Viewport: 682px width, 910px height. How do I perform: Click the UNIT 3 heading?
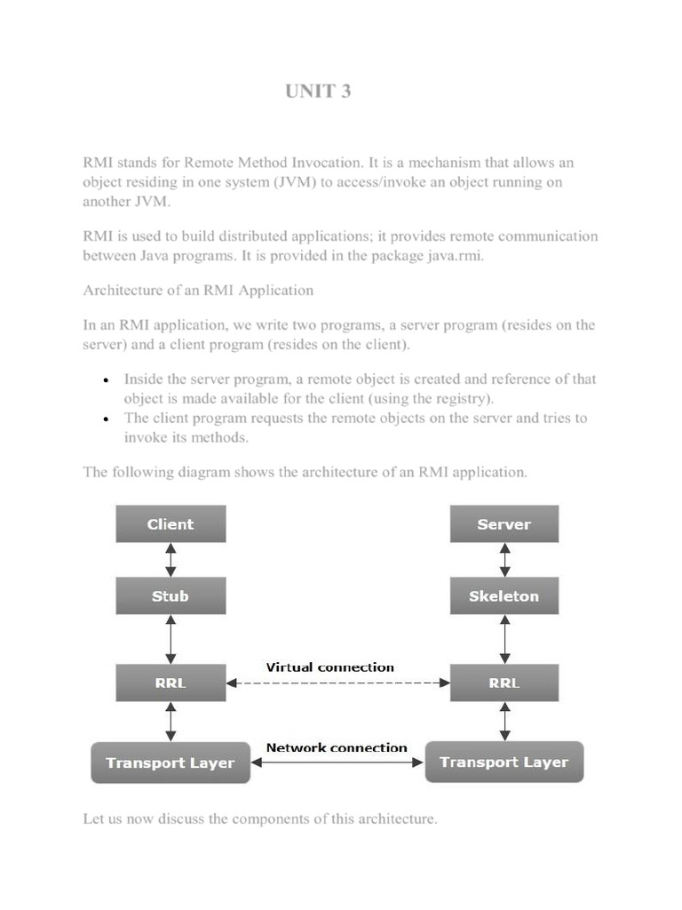(x=318, y=91)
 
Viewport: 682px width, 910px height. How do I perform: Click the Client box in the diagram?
(x=170, y=524)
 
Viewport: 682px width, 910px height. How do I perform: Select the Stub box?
(x=170, y=595)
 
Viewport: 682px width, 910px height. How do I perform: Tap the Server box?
(x=504, y=524)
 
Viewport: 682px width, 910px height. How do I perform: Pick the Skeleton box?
(x=504, y=595)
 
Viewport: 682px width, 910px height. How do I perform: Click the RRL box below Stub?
(x=170, y=682)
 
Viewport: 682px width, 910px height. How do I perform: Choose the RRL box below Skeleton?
(x=504, y=682)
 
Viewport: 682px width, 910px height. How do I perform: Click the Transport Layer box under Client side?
(x=170, y=762)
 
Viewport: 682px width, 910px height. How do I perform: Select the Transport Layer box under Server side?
(x=504, y=762)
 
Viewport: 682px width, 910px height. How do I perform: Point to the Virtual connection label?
(x=330, y=667)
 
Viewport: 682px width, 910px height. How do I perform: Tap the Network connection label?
(x=337, y=747)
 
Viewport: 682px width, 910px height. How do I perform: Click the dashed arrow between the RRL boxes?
(x=338, y=683)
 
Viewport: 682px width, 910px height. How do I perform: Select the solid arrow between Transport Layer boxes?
(x=338, y=762)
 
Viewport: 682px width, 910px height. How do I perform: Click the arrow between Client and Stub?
(x=170, y=560)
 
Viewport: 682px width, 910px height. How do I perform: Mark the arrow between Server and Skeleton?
(x=504, y=560)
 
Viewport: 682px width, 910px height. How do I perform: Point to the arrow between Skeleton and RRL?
(x=504, y=639)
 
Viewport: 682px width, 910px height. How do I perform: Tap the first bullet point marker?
(x=106, y=380)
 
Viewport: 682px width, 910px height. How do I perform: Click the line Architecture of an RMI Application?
(x=198, y=290)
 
